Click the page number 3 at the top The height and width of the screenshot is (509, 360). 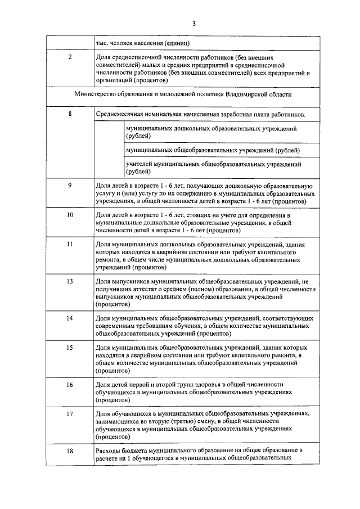tap(193, 23)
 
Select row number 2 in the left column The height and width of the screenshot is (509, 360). tap(70, 57)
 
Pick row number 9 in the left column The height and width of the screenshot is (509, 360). tap(70, 184)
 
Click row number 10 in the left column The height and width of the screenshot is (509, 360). tap(70, 215)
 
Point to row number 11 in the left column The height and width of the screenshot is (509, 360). tap(70, 245)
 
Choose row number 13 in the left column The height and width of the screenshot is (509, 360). tap(70, 281)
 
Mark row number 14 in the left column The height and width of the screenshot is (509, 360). tap(70, 318)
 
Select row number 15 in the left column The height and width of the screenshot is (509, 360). tap(70, 348)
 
